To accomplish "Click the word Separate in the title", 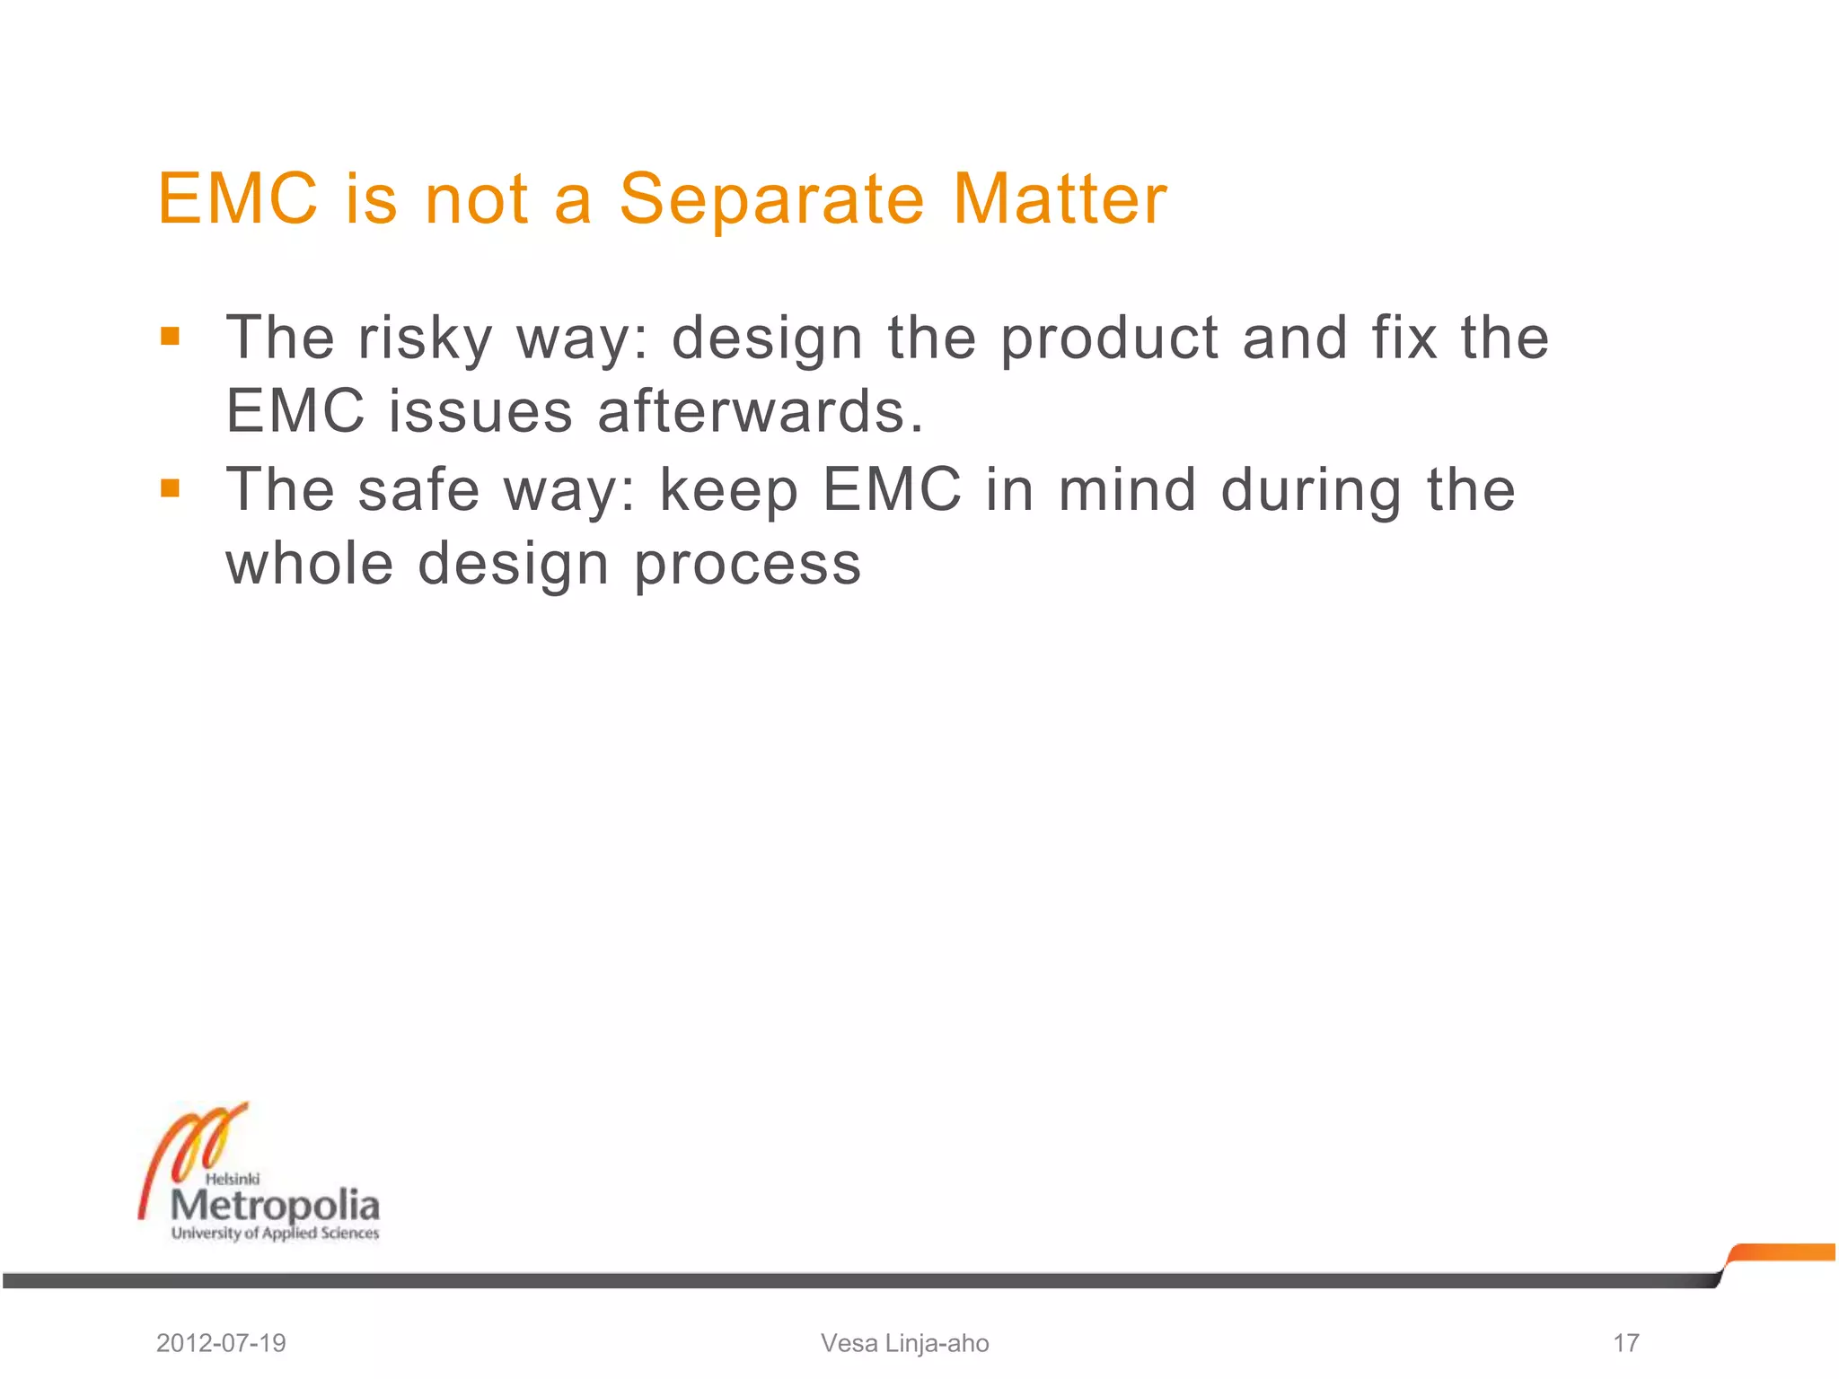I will [771, 198].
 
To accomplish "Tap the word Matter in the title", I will [1060, 198].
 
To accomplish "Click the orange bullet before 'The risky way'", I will [170, 337].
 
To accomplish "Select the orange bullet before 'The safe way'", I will [170, 488].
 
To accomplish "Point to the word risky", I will [425, 338].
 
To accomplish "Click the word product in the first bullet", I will [1109, 338].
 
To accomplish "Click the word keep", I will [728, 492].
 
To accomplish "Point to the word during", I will [1311, 492].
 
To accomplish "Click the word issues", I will [480, 411].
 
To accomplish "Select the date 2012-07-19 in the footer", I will [221, 1343].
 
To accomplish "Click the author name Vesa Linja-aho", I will [904, 1343].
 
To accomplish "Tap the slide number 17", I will [1625, 1343].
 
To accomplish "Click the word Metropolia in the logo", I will [276, 1206].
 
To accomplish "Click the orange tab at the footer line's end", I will [1782, 1252].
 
